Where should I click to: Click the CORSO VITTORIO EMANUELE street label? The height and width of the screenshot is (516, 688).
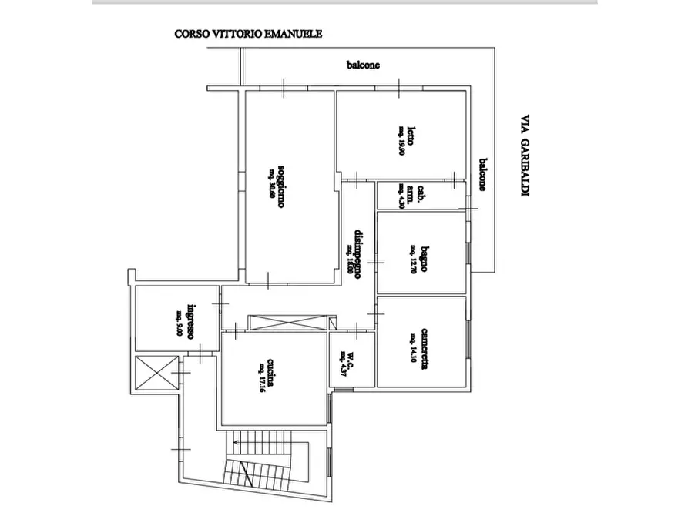point(248,34)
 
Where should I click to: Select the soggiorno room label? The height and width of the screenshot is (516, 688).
point(284,186)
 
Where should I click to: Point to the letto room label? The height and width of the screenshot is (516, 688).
point(413,136)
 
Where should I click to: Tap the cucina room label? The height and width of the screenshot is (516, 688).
point(272,374)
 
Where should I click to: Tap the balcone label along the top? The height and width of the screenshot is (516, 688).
point(362,65)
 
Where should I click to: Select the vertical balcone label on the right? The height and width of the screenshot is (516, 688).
point(482,174)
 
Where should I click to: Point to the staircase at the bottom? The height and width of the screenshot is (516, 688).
point(262,465)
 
